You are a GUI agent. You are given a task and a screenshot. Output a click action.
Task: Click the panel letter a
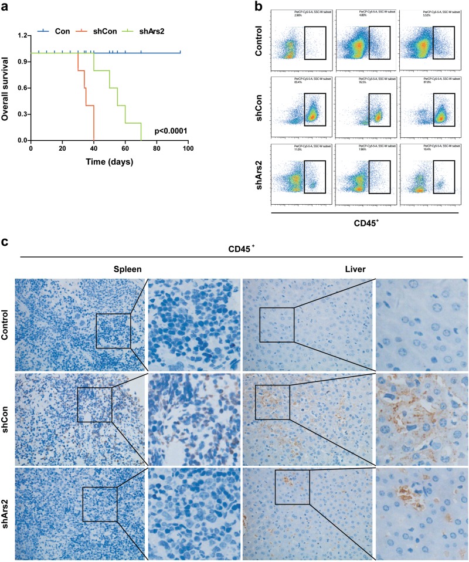tap(5, 6)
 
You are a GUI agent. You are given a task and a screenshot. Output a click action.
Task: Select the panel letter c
tap(5, 243)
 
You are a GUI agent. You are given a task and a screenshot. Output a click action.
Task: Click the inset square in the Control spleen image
tap(113, 330)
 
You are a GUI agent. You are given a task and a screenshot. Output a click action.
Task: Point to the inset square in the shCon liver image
tap(273, 402)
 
